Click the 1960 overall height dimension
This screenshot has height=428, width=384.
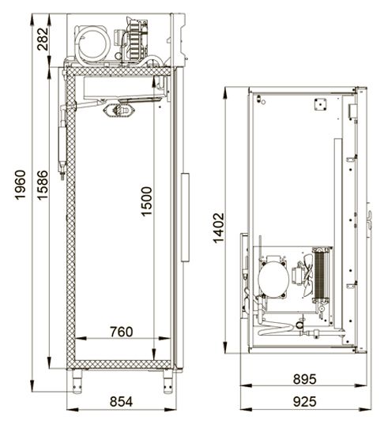21,185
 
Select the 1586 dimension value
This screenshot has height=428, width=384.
43,186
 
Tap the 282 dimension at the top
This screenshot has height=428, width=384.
43,39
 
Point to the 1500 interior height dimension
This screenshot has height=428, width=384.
146,201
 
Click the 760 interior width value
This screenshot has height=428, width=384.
122,332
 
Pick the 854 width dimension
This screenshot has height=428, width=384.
121,401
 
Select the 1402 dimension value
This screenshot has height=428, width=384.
219,227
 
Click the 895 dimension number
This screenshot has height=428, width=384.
304,379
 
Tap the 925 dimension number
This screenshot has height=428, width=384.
304,401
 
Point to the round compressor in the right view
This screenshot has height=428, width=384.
273,278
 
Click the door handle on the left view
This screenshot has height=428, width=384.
185,217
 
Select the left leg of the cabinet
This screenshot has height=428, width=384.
77,381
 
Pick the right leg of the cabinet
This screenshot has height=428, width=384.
168,381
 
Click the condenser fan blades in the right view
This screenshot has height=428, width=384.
307,275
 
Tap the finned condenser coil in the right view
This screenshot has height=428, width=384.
320,275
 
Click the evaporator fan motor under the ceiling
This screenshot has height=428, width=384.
119,111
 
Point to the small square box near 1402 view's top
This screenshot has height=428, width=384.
320,104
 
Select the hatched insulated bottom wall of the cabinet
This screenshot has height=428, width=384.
119,364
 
